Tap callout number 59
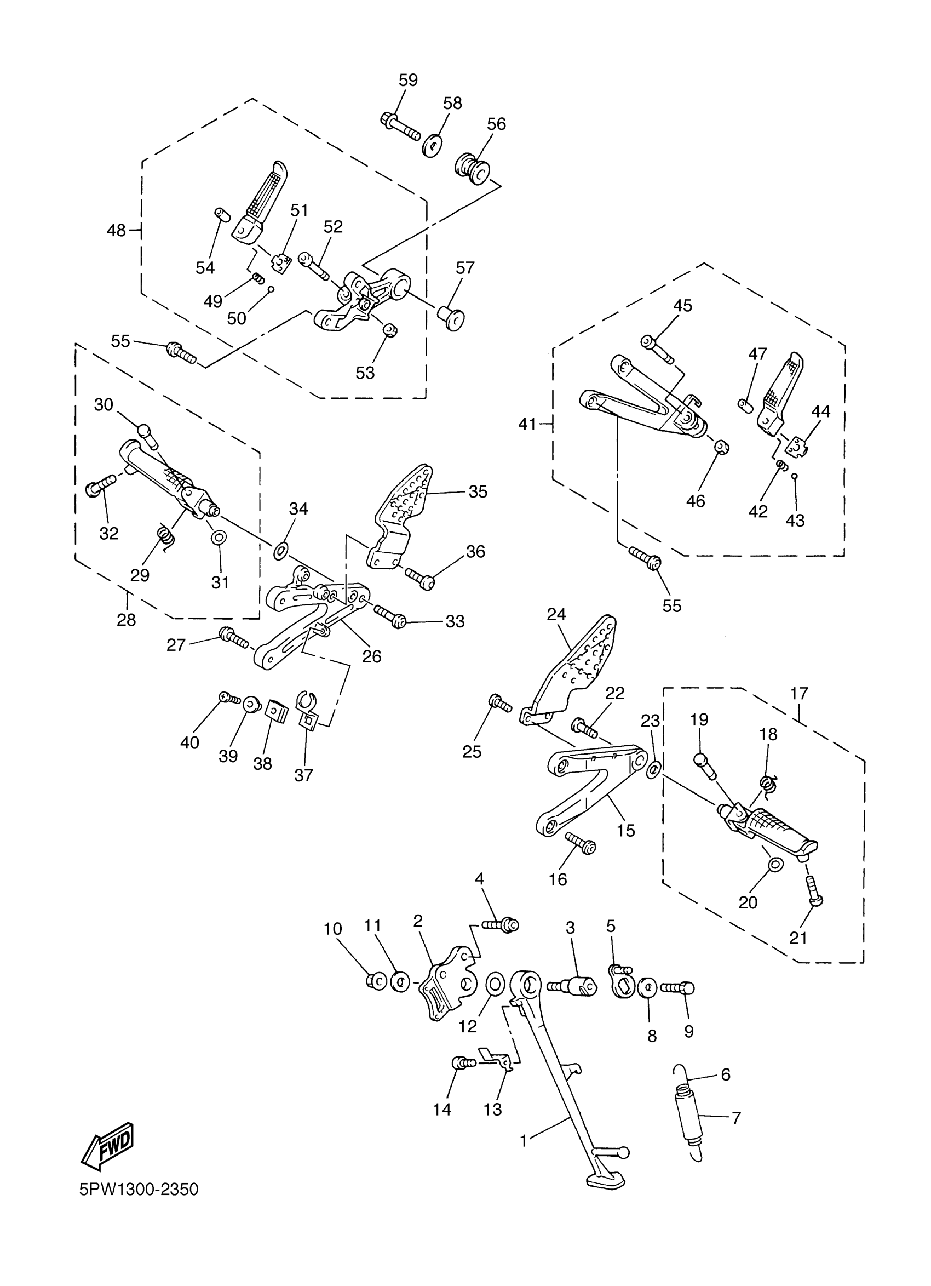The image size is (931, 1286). (408, 80)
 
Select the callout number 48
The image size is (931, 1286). (117, 230)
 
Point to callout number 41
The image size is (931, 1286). (527, 424)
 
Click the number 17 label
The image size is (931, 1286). (799, 693)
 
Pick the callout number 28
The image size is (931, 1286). (126, 620)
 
